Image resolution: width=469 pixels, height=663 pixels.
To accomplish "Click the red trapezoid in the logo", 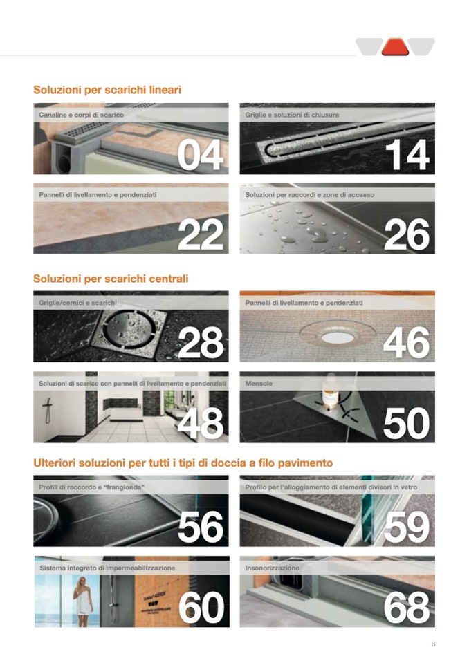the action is (395, 47).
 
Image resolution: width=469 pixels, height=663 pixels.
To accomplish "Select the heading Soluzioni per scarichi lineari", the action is (107, 90).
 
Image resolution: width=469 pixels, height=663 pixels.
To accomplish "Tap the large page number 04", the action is (201, 155).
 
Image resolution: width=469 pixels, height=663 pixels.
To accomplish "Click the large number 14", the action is (407, 155).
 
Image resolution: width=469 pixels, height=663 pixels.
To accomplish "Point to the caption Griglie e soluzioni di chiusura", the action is (292, 115).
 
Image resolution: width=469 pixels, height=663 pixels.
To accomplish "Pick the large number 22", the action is (201, 234).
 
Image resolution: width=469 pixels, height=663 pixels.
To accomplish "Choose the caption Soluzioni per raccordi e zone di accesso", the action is (310, 195).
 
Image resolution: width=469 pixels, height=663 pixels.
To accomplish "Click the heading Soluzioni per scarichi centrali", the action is (111, 279).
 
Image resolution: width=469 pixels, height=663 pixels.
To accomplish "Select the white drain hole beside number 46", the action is (338, 337).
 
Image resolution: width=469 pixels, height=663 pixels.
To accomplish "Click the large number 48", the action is (201, 423).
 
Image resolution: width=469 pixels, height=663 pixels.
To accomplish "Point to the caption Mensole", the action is (259, 384).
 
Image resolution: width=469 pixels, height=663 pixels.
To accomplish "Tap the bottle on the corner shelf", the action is (330, 393).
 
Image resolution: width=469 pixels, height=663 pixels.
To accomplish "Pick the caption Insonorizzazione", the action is (272, 568).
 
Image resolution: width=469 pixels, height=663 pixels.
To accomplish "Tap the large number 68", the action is (407, 607).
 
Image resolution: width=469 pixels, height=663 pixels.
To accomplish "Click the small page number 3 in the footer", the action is (432, 644).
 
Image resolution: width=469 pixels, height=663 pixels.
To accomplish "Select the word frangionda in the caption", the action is (124, 487).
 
